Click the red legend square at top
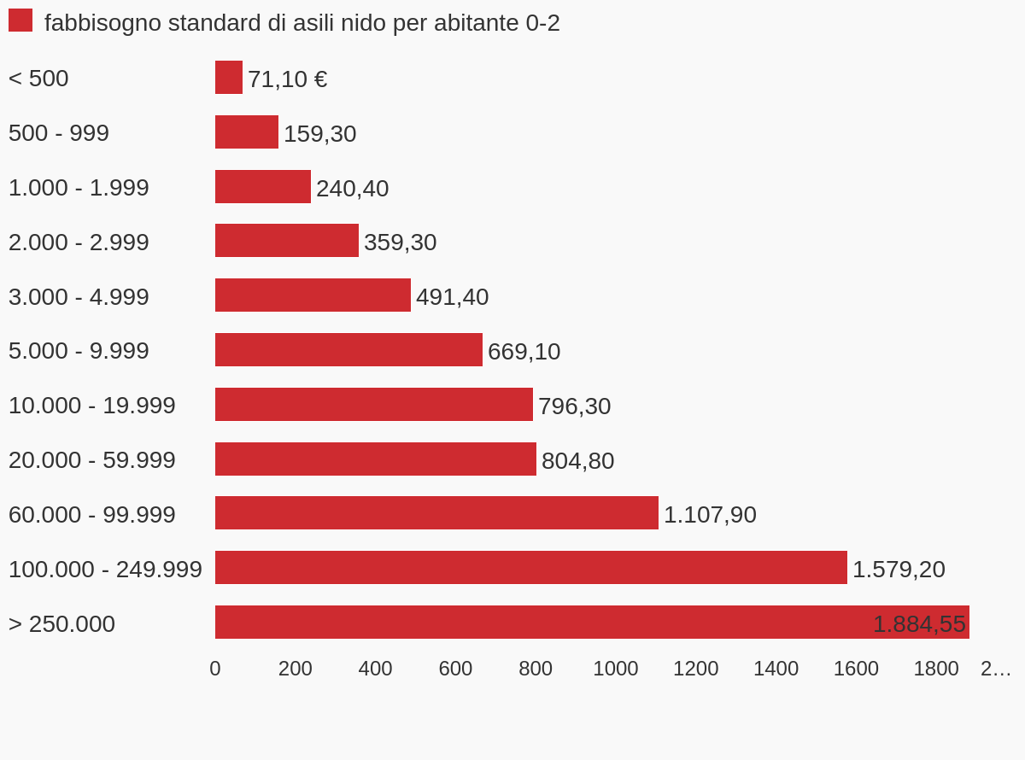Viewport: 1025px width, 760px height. point(20,20)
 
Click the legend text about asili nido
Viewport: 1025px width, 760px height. point(302,23)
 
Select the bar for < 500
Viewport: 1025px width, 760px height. point(229,78)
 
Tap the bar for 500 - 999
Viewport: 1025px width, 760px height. point(247,132)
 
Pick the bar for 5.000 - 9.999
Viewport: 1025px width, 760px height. point(348,350)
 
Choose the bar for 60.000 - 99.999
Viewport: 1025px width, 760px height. point(436,513)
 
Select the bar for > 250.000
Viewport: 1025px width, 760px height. point(592,623)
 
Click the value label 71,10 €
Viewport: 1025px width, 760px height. point(287,79)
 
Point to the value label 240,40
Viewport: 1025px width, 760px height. point(352,189)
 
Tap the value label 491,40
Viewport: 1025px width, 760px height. point(452,297)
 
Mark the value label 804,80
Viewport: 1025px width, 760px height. point(577,461)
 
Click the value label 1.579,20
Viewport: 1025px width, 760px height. point(899,570)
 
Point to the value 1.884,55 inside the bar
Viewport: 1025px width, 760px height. point(919,624)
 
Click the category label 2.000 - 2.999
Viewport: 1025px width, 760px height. point(79,243)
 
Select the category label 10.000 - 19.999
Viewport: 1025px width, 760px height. point(92,406)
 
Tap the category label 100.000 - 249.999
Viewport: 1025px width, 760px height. point(105,570)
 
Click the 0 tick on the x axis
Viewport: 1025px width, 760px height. point(215,669)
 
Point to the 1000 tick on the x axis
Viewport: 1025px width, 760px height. point(616,669)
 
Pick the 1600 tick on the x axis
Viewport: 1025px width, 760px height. point(856,669)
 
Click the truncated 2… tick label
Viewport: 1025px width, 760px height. point(995,669)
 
